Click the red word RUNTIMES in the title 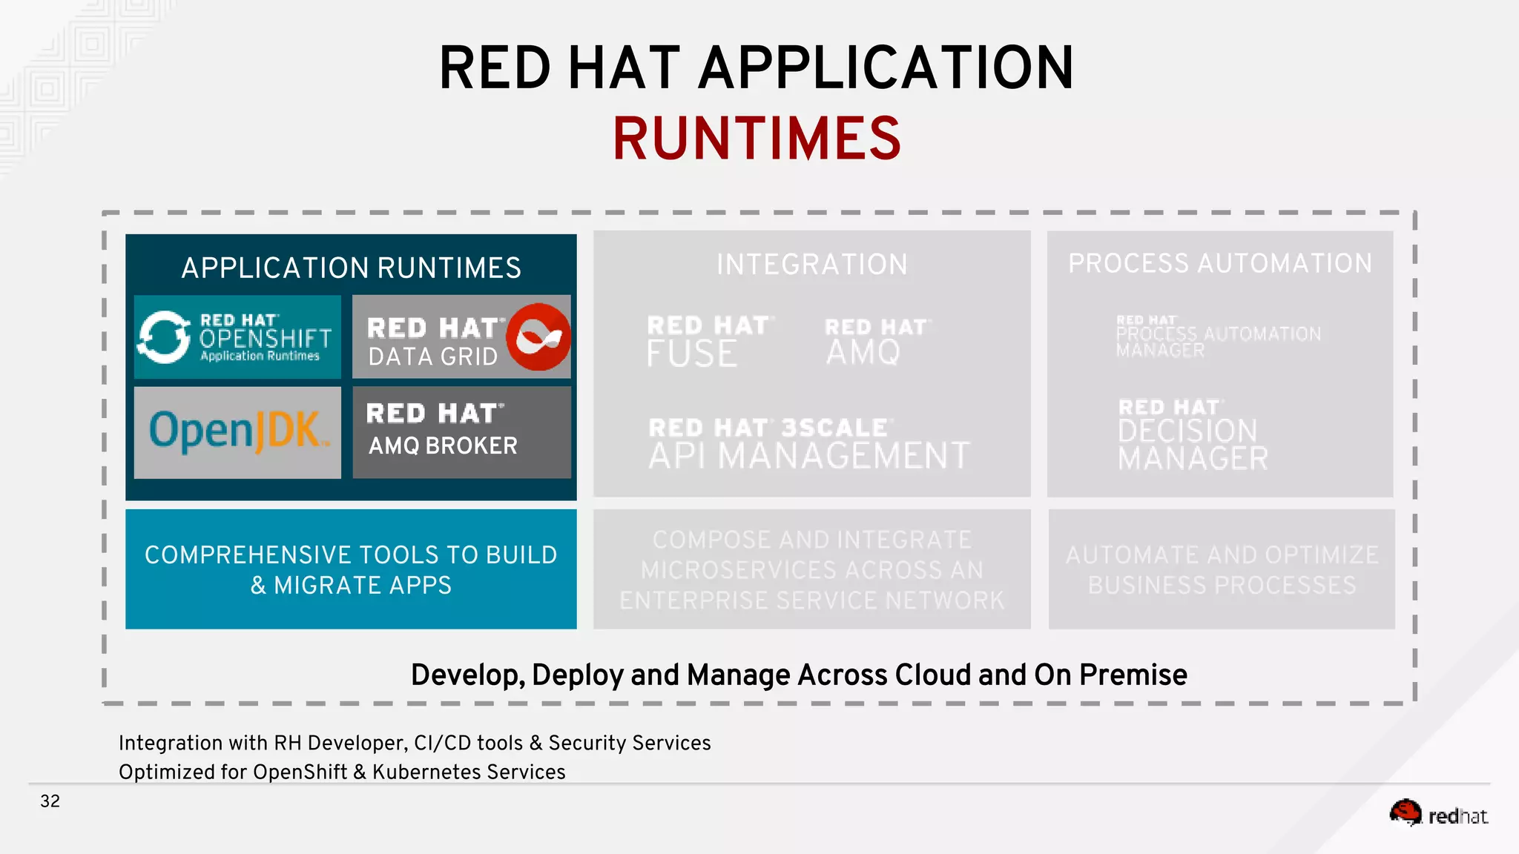pos(757,139)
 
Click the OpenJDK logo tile pos(237,432)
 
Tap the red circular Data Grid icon pos(538,337)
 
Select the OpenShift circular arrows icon pos(164,337)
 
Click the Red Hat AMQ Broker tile pos(461,432)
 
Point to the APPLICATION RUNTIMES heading pos(351,268)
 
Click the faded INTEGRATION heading pos(811,265)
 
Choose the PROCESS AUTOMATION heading pos(1219,263)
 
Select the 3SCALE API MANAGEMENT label pos(808,444)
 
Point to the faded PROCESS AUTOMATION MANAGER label pos(1218,337)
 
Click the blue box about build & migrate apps pos(351,569)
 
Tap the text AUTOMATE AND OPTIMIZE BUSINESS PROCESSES pos(1221,569)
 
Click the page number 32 pos(50,801)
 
